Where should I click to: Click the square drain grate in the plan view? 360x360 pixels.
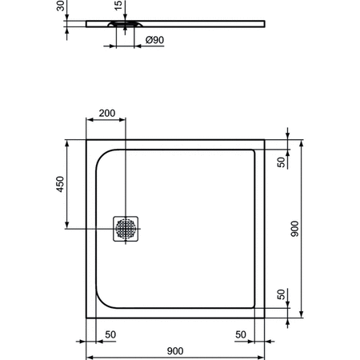[x=126, y=230]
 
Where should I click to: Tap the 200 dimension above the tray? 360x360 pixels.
[x=106, y=114]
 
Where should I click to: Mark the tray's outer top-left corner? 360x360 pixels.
[x=86, y=139]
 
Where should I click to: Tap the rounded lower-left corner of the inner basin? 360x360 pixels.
[x=104, y=301]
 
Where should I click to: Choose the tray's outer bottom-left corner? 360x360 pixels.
[x=86, y=318]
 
